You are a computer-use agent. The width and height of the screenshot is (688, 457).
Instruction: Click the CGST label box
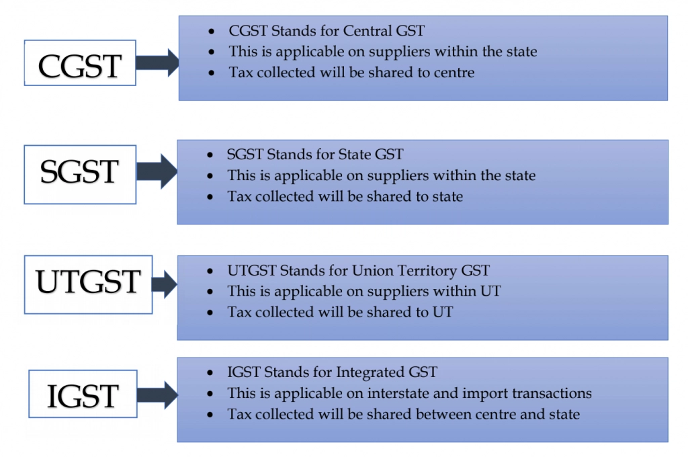pyautogui.click(x=80, y=63)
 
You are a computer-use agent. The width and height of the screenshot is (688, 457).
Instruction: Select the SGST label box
pyautogui.click(x=80, y=174)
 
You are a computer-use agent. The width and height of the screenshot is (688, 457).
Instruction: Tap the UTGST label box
pyautogui.click(x=88, y=284)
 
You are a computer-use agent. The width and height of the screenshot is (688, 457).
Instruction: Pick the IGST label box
pyautogui.click(x=83, y=394)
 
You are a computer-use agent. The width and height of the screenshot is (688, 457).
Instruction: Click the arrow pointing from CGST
pyautogui.click(x=157, y=63)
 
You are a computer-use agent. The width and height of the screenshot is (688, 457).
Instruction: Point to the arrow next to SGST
pyautogui.click(x=157, y=171)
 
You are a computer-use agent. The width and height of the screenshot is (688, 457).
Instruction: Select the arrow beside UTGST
pyautogui.click(x=165, y=284)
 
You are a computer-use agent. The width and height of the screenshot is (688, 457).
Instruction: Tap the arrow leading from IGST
pyautogui.click(x=158, y=395)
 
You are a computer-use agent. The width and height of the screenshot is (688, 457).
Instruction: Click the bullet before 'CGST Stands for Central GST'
pyautogui.click(x=212, y=31)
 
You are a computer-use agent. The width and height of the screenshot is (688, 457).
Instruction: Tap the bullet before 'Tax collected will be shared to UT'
pyautogui.click(x=210, y=313)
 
